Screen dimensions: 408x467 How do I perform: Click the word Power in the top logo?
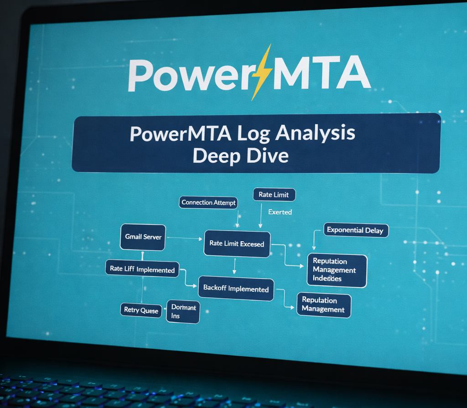(x=187, y=74)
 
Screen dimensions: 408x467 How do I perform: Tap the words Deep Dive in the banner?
(x=240, y=155)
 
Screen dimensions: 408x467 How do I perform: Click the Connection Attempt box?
(x=209, y=203)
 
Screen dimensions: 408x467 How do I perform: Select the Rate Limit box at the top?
(x=274, y=195)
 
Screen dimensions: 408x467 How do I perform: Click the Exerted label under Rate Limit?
(x=280, y=212)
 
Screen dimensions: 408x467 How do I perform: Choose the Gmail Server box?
(x=143, y=237)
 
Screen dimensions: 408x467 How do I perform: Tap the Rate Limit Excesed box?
(x=237, y=244)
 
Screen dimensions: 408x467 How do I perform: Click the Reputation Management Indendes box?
(x=337, y=270)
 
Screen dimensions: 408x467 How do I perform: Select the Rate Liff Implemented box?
(x=142, y=269)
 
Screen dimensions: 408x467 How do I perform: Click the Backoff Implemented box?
(x=236, y=289)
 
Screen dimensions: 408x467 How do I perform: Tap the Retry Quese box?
(x=141, y=310)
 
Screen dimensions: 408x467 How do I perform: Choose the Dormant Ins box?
(x=183, y=312)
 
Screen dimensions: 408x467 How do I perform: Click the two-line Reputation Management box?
(x=323, y=305)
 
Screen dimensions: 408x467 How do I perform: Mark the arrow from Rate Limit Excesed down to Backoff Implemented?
(x=234, y=266)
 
